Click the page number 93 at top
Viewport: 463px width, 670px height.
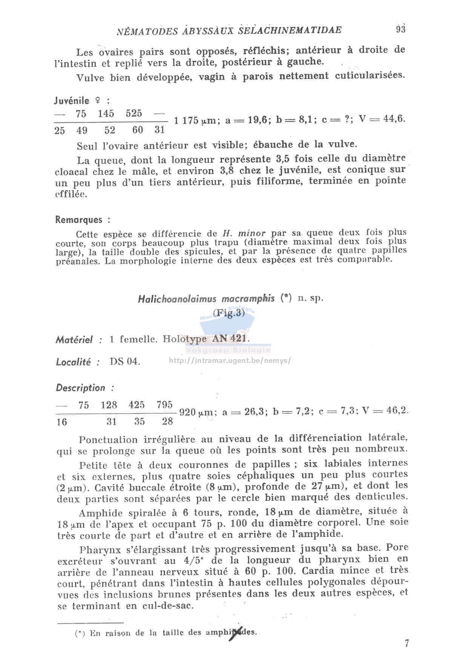tap(400, 29)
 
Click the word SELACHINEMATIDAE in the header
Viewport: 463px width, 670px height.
tap(290, 30)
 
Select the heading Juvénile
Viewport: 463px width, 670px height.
tap(72, 101)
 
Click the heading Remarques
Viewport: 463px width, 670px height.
tap(79, 220)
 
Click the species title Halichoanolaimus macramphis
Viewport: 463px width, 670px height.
tap(206, 299)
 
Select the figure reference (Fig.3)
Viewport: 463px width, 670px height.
tap(229, 313)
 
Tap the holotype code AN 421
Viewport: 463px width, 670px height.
tap(230, 338)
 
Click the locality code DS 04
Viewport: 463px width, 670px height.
tap(125, 361)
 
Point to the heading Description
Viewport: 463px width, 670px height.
tap(81, 388)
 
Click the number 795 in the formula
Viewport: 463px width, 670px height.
tap(165, 405)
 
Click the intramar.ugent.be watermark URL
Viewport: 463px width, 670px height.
tap(230, 360)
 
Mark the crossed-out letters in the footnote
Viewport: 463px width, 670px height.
tap(235, 633)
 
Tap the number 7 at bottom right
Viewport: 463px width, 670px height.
tap(407, 644)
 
